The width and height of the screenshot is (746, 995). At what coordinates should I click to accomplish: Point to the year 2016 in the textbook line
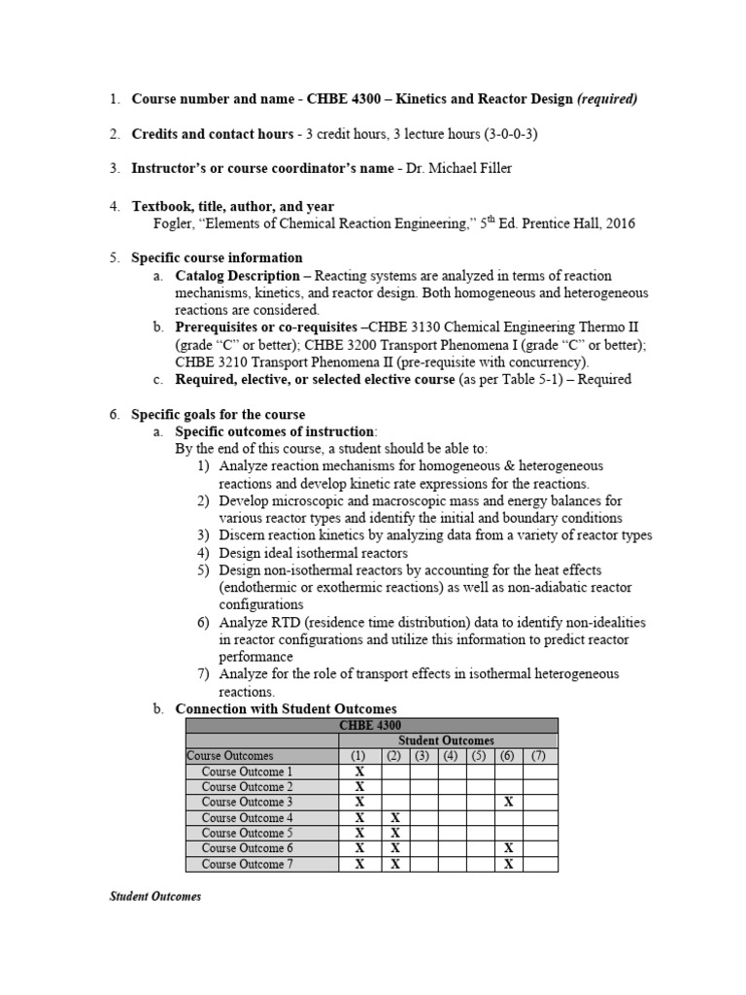click(618, 223)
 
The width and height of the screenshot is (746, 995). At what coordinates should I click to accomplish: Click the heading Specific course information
click(217, 257)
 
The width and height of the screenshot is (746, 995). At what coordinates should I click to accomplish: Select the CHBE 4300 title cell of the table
click(371, 725)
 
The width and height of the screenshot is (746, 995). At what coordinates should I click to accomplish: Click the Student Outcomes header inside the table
click(446, 740)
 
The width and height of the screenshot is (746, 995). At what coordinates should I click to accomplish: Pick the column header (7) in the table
click(539, 756)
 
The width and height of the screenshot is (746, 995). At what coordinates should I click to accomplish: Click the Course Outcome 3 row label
click(247, 803)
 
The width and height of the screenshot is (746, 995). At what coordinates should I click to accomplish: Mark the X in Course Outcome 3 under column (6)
click(506, 803)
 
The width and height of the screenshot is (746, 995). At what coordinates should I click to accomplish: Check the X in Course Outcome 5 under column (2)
click(393, 834)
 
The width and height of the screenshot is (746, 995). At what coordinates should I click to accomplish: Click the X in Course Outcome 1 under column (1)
click(358, 772)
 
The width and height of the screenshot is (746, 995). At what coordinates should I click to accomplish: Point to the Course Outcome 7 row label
click(247, 865)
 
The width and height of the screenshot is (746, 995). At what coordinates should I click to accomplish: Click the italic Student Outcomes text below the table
click(155, 897)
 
